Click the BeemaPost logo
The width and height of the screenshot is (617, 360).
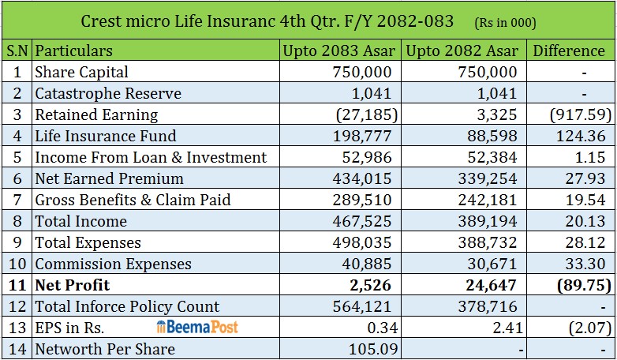pos(197,327)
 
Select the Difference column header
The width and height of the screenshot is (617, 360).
pos(569,51)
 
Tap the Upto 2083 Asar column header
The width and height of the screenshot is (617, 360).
pos(339,51)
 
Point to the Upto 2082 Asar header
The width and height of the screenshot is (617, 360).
pos(462,51)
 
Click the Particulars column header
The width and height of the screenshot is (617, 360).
pos(73,51)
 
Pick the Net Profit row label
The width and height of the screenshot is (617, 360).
pos(73,285)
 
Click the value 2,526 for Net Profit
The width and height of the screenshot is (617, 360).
pos(370,285)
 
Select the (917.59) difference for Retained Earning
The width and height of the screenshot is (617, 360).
pos(581,114)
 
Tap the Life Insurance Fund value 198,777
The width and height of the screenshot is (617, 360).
pos(362,136)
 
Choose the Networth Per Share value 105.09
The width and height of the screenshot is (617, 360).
pos(373,349)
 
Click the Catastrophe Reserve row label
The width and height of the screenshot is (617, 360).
pos(108,93)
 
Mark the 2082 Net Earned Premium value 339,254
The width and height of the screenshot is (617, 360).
pos(487,178)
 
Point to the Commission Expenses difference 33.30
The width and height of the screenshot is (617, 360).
pos(585,264)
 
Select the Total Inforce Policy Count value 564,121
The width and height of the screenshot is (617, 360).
pos(362,306)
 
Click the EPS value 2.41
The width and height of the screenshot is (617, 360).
pos(507,328)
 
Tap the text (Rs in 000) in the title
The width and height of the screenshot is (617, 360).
pos(505,23)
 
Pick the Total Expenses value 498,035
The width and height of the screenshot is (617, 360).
pos(362,242)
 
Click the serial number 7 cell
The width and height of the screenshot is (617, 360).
pos(17,200)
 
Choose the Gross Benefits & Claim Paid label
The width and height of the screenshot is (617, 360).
pos(133,200)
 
